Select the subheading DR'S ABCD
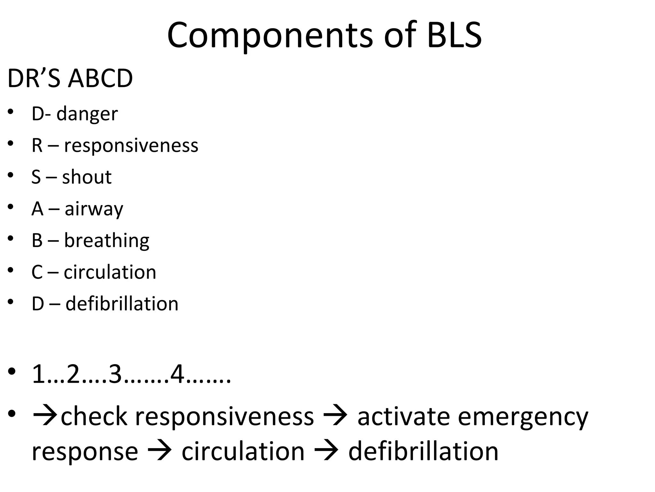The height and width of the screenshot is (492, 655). (x=70, y=78)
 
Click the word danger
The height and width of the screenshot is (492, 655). (x=87, y=114)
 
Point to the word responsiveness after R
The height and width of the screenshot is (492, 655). (x=131, y=146)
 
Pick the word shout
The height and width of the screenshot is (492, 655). (x=87, y=177)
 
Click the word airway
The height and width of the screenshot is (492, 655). (x=94, y=209)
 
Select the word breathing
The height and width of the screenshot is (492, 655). (x=107, y=241)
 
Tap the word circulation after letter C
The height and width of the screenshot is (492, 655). (x=110, y=272)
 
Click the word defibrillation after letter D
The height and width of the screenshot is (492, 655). (x=122, y=304)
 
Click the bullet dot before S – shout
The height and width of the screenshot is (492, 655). (x=11, y=175)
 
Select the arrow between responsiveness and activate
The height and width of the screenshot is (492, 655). (x=335, y=416)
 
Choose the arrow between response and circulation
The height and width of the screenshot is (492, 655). (x=160, y=451)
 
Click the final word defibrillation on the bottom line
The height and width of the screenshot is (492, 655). (x=423, y=451)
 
